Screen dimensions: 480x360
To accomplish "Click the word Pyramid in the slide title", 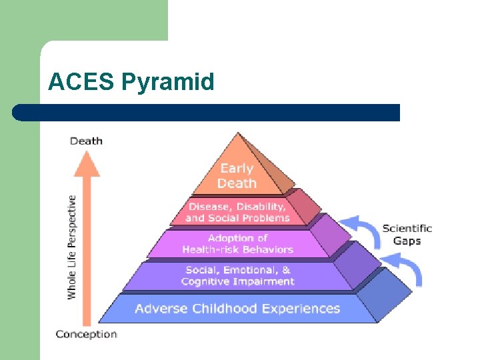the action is (x=168, y=82).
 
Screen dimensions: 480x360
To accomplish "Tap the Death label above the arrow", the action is (x=86, y=141).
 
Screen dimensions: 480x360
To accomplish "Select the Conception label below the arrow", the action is (x=86, y=334).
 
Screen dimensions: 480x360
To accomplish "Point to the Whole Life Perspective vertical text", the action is (x=71, y=247).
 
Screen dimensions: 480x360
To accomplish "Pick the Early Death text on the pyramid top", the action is (x=237, y=175).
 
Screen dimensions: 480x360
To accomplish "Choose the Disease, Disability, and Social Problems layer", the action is (x=237, y=212).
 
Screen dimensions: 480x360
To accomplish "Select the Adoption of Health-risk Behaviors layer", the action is (x=237, y=243).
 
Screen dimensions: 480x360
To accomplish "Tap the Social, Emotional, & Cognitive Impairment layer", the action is (x=237, y=275).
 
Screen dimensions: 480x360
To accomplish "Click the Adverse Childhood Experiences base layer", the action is (x=237, y=309).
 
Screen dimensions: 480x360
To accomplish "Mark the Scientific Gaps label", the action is (x=407, y=234).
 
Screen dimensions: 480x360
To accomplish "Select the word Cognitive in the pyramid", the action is (x=206, y=281).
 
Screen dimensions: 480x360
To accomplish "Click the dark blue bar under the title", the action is (x=207, y=112).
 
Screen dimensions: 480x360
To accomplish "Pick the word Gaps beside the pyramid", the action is (x=407, y=241).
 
